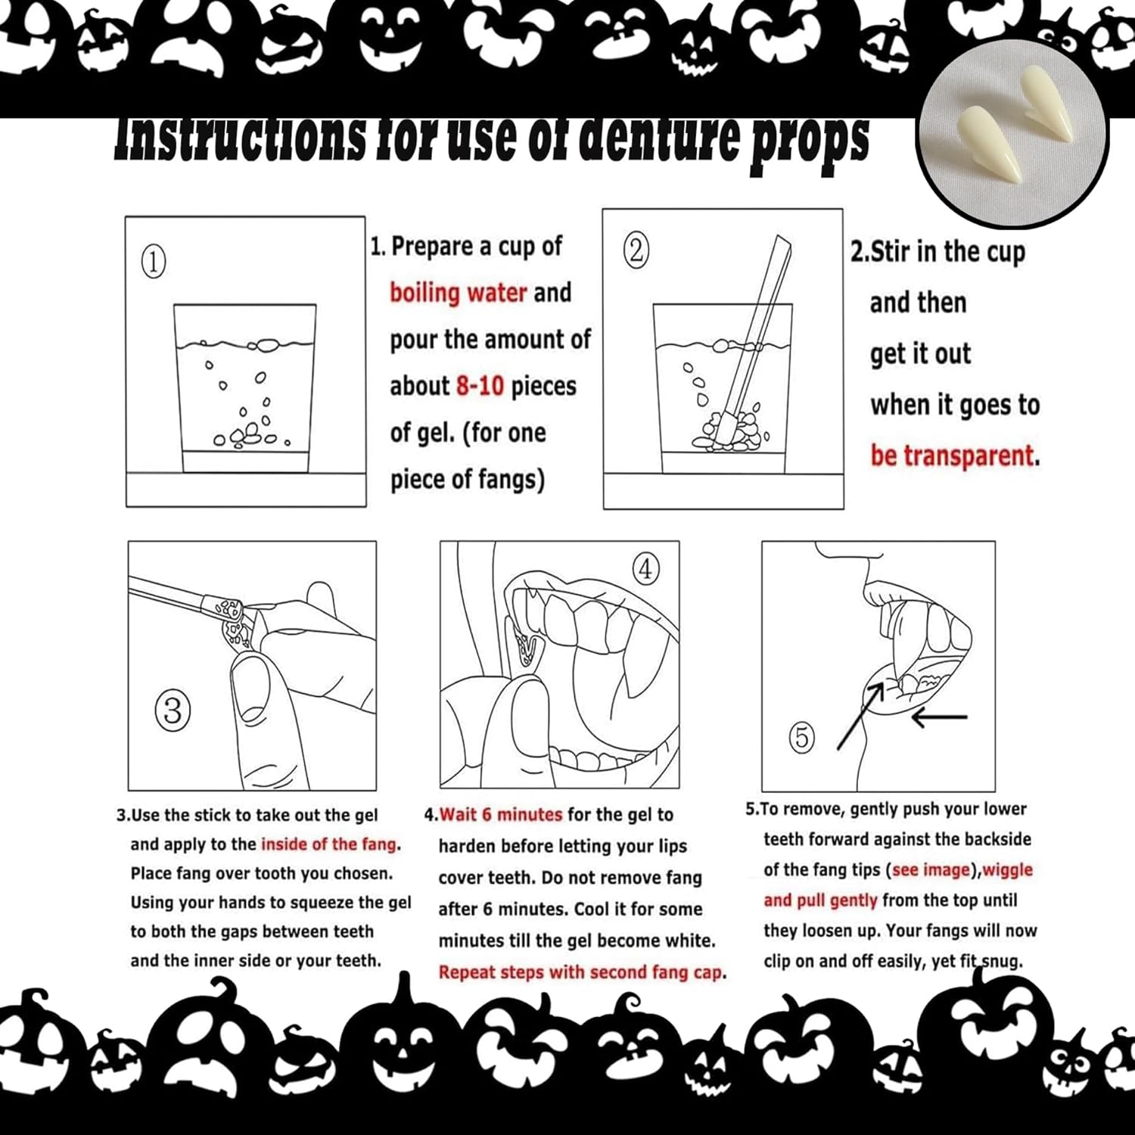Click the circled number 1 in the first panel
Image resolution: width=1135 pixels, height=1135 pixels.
click(154, 262)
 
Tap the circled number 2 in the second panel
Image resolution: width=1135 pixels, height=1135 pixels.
click(636, 250)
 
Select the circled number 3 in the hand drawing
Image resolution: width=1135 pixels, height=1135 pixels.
click(173, 711)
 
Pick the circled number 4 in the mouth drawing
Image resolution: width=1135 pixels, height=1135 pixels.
click(645, 569)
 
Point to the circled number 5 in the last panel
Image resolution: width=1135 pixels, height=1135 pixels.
click(803, 737)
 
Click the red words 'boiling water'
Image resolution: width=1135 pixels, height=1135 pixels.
click(459, 293)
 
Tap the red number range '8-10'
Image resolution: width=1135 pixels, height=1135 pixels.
click(480, 386)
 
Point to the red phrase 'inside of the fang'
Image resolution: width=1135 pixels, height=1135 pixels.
click(328, 844)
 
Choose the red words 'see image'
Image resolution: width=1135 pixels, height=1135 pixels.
click(931, 869)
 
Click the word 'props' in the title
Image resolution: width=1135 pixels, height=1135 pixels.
click(809, 141)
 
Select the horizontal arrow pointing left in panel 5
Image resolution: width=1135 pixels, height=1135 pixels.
click(939, 717)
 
